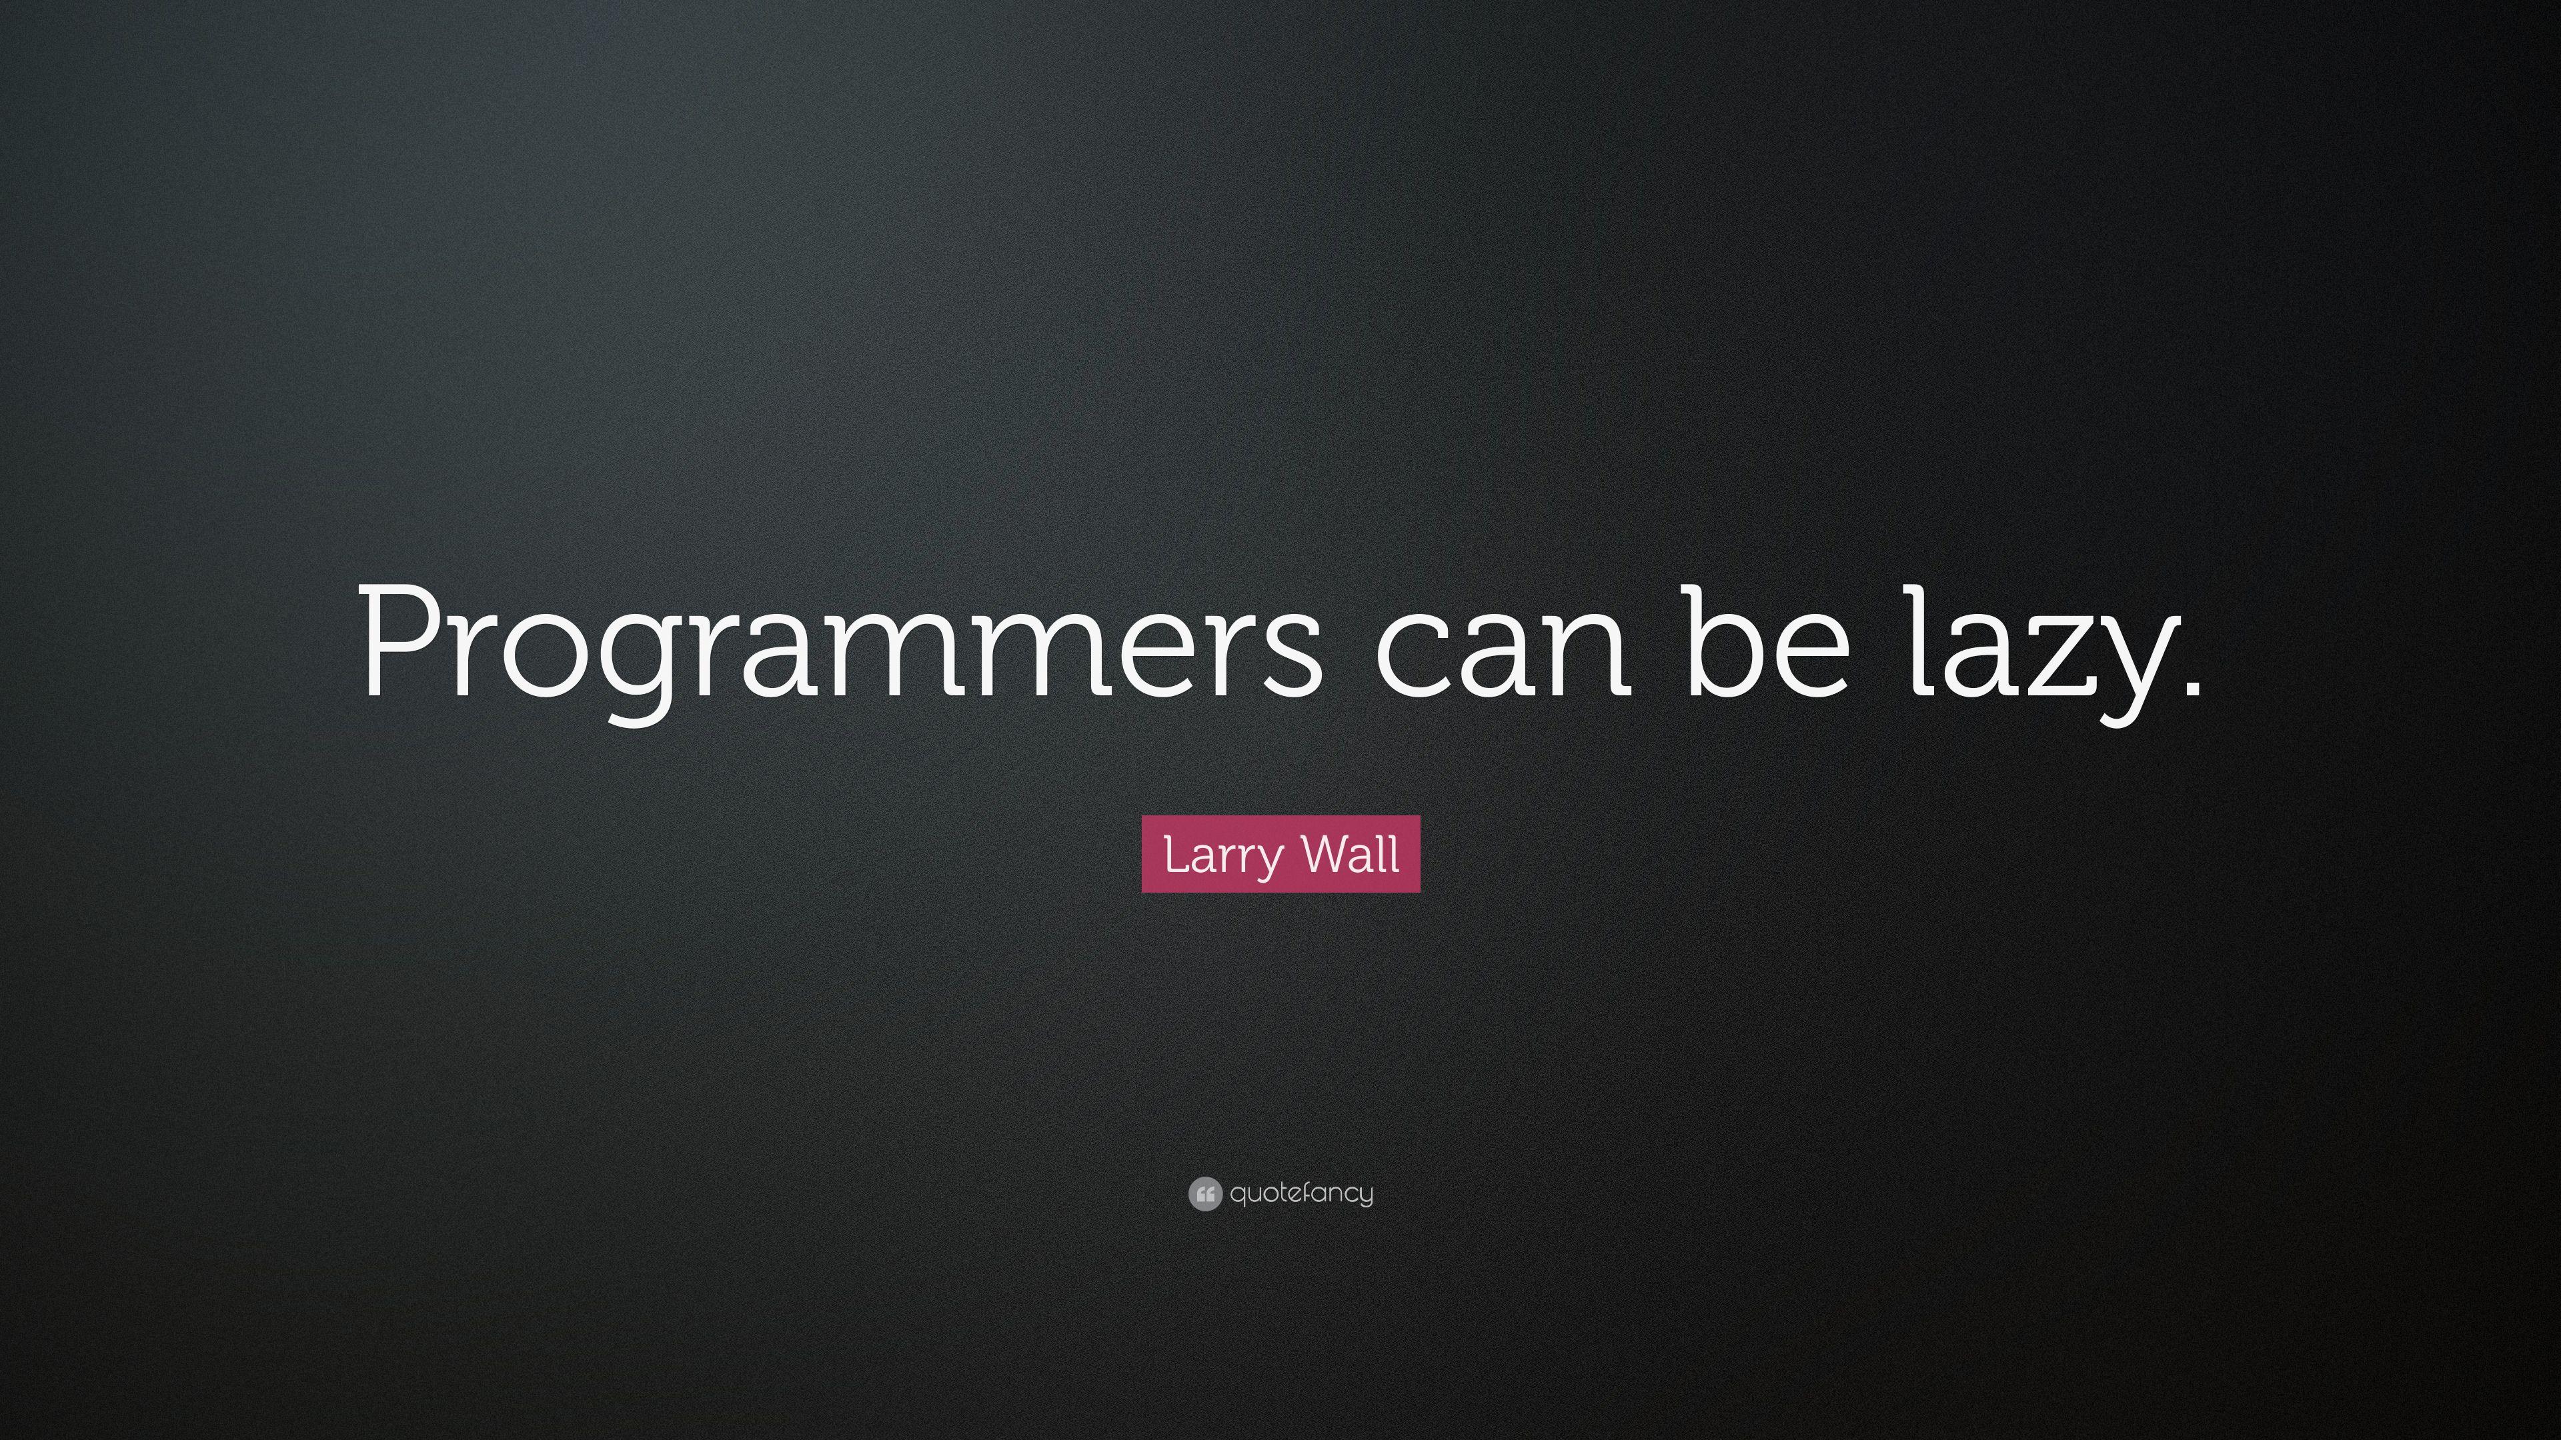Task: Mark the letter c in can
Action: pos(1412,656)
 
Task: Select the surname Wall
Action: pos(1350,853)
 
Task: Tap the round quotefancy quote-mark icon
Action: pos(1204,1193)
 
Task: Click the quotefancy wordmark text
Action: pos(1301,1193)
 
